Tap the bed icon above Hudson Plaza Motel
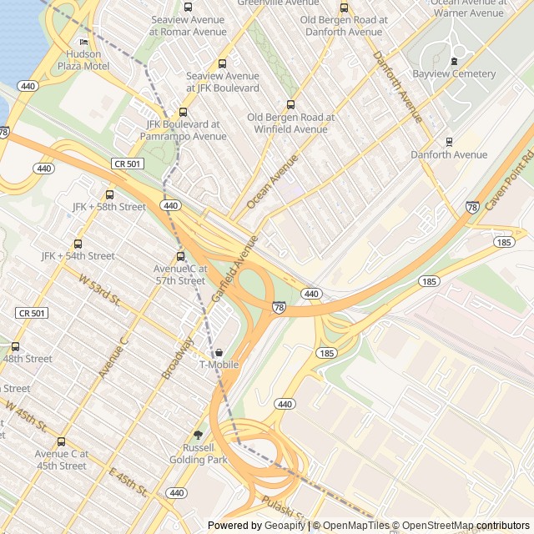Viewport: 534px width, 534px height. pyautogui.click(x=83, y=42)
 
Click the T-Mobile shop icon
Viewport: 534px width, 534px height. pyautogui.click(x=219, y=352)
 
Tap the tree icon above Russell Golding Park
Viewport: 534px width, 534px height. pyautogui.click(x=198, y=435)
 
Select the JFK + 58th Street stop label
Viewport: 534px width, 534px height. pyautogui.click(x=109, y=206)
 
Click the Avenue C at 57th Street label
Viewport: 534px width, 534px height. pyautogui.click(x=179, y=275)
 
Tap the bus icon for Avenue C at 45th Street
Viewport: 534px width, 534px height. pyautogui.click(x=61, y=442)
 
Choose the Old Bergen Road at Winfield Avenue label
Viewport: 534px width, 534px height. pyautogui.click(x=291, y=123)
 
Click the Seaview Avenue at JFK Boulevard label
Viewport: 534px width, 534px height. pyautogui.click(x=223, y=82)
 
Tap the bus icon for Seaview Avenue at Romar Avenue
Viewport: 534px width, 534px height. pyautogui.click(x=187, y=8)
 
